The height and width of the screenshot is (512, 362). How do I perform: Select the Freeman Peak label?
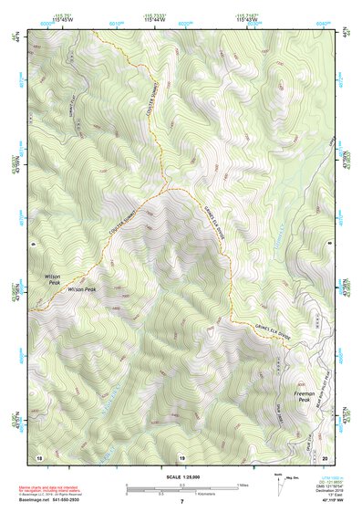[304, 397]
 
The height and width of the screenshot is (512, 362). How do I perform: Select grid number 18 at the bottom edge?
[39, 456]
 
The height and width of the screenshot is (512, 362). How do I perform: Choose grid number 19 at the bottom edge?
[181, 456]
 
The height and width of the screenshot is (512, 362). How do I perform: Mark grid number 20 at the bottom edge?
[325, 456]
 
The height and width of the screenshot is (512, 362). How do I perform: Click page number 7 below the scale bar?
[181, 502]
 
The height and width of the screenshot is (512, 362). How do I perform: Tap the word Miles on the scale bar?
[244, 485]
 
